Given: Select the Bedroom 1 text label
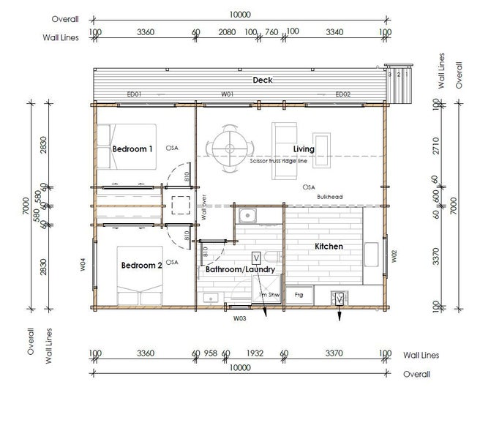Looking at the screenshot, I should click(132, 149).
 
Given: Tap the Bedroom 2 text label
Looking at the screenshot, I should click(141, 265).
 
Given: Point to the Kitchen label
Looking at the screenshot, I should click(329, 247).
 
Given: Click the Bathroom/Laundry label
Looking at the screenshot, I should click(240, 270).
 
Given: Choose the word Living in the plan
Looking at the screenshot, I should click(304, 149).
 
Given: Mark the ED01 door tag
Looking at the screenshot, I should click(133, 94).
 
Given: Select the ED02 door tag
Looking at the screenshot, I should click(343, 94).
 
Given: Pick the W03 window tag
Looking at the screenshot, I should click(239, 318).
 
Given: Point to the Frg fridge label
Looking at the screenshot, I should click(299, 295).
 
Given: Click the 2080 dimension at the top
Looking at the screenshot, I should click(227, 32).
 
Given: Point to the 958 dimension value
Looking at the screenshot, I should click(211, 353).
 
